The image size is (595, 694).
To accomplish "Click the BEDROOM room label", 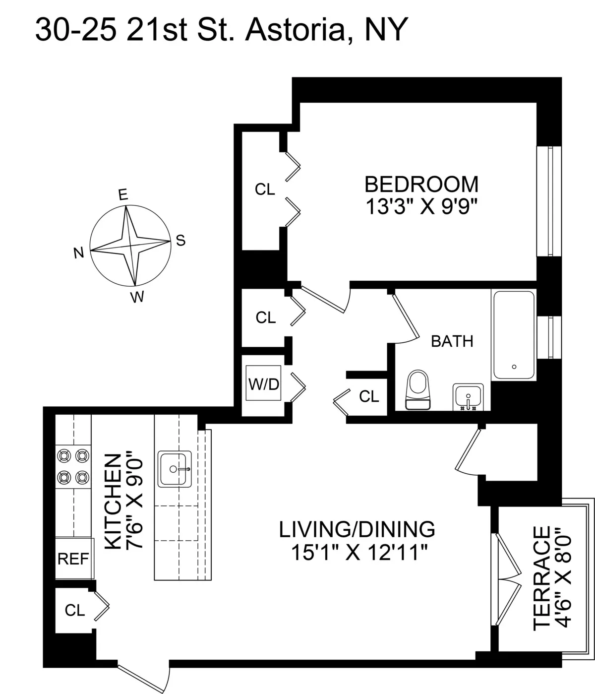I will point(421,184).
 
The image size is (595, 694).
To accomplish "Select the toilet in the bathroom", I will point(418,390).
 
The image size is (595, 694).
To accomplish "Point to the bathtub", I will point(514,335).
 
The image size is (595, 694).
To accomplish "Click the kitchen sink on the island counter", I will point(175,469).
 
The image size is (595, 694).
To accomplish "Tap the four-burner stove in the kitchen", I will point(73,466).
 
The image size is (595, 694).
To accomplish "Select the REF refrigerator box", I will point(73,559).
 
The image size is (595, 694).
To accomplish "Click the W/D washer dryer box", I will point(264,384).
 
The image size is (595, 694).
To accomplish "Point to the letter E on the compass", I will point(122,195).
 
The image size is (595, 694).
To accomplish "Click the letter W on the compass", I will point(137,297).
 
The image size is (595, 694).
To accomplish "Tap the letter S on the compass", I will point(180,241).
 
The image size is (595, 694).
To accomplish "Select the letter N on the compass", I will point(78,253).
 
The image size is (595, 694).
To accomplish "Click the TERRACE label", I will point(541,578).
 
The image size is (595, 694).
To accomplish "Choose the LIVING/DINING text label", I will point(357,529).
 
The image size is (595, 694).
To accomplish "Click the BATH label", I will point(452,341).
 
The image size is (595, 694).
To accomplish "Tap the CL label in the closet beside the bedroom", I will point(265,189).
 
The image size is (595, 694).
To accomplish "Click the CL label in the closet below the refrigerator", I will point(75,610).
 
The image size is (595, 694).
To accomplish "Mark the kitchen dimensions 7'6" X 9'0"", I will point(134,502).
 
